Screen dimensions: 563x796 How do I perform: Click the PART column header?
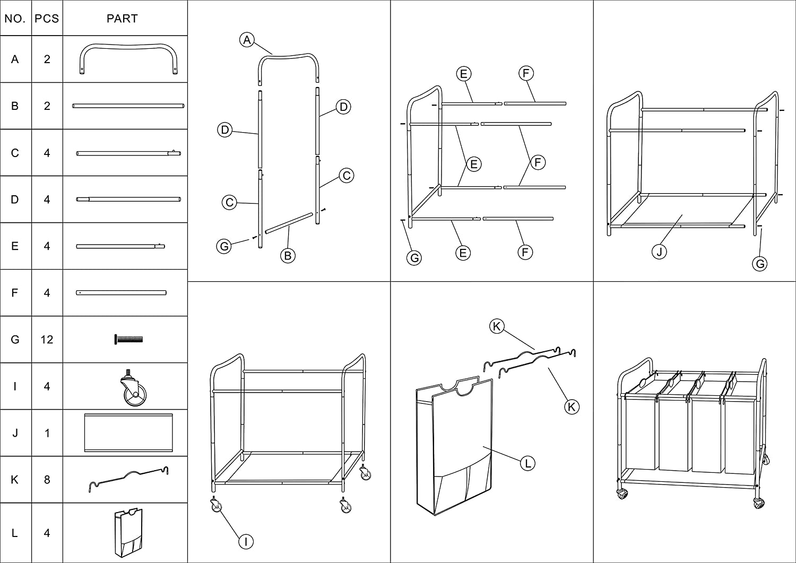point(122,19)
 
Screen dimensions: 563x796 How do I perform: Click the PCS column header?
point(47,19)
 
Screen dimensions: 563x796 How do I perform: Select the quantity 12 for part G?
point(47,340)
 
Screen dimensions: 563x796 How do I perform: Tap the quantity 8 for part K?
point(47,480)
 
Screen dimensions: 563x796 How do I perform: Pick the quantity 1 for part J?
point(47,433)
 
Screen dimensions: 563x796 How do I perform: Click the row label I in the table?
point(15,386)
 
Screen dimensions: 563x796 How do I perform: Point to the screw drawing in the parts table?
point(128,340)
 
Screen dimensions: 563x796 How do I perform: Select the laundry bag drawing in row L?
point(128,532)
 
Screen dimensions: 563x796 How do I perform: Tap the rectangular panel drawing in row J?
point(128,432)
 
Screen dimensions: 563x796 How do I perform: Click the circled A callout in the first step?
point(247,39)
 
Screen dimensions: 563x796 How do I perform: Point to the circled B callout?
point(288,256)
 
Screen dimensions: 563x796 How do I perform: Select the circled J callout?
point(659,252)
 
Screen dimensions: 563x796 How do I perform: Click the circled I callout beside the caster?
point(246,541)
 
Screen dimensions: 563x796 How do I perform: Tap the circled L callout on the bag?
point(527,463)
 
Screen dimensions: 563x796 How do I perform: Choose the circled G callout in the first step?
point(224,246)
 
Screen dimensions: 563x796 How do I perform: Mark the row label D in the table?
point(15,200)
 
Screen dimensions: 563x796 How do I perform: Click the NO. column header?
point(15,19)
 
